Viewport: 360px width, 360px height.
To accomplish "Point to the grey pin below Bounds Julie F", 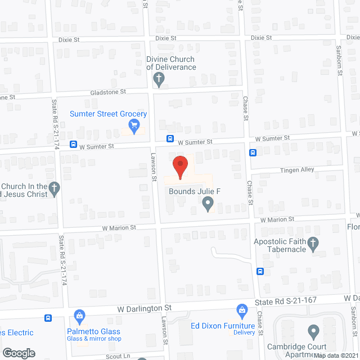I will coord(208,204).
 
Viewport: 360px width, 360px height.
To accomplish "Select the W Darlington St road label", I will coord(145,308).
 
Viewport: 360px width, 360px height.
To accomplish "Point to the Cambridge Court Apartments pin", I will coord(313,331).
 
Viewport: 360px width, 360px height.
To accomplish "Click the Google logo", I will coord(19,353).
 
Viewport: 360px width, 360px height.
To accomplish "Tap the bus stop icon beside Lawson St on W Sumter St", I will coord(169,139).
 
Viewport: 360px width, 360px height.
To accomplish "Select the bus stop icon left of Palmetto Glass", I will coord(48,318).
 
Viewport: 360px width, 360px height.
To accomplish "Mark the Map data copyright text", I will coord(336,355).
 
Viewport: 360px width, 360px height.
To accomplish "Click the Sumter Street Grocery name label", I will coord(108,114).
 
